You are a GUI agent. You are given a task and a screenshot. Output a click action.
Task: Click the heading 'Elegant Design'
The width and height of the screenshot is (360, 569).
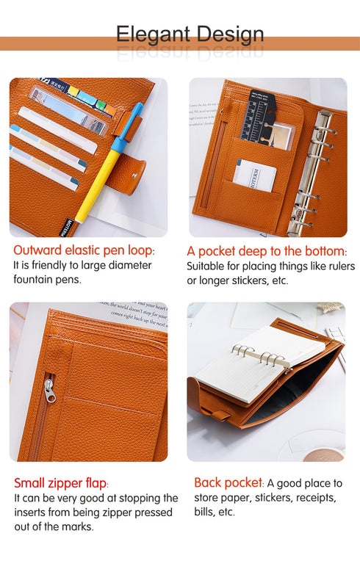[x=190, y=34]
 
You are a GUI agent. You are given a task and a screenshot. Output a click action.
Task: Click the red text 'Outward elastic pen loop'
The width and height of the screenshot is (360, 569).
[x=84, y=250]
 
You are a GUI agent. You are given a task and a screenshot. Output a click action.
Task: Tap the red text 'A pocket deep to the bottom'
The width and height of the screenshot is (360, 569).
[x=265, y=250]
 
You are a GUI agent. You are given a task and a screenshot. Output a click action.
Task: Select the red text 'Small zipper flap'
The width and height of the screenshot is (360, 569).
[x=61, y=483]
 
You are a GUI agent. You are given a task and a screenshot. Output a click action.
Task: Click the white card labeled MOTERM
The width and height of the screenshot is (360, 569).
[x=255, y=175]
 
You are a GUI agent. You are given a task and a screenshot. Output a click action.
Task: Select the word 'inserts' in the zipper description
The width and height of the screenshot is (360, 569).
[x=32, y=512]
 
